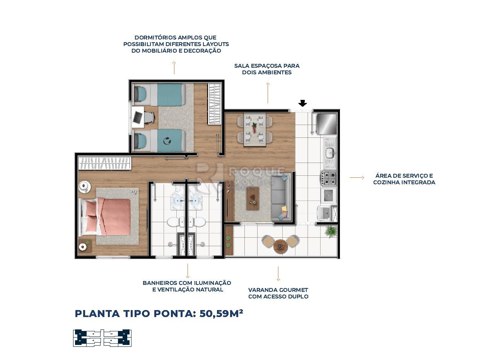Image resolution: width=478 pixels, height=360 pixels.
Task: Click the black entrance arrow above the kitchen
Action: [x=303, y=103]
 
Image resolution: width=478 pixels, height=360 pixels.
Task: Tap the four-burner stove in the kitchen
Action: [x=328, y=178]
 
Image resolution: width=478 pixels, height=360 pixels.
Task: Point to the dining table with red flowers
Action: [x=254, y=129]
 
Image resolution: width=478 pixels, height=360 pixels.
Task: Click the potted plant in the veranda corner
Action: [x=331, y=231]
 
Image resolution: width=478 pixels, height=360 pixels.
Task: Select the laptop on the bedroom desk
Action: [x=137, y=117]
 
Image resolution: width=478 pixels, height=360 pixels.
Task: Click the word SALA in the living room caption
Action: [x=242, y=66]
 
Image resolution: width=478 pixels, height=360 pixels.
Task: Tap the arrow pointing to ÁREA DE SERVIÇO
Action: [x=357, y=178]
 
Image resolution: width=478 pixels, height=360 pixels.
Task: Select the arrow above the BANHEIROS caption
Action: [x=188, y=270]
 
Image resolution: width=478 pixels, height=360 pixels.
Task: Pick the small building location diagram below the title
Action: [x=102, y=338]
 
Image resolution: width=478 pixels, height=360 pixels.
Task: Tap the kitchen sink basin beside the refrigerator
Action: [x=329, y=153]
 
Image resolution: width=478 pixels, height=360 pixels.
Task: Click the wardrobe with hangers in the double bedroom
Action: [x=105, y=163]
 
